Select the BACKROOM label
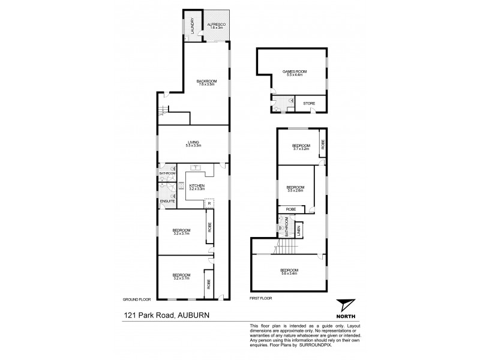tap(206, 80)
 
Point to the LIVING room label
tap(193, 142)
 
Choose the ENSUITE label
tap(167, 200)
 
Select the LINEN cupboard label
tap(299, 229)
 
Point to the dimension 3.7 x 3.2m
tap(301, 149)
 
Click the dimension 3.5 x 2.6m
tap(295, 190)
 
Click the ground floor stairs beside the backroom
tap(164, 112)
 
